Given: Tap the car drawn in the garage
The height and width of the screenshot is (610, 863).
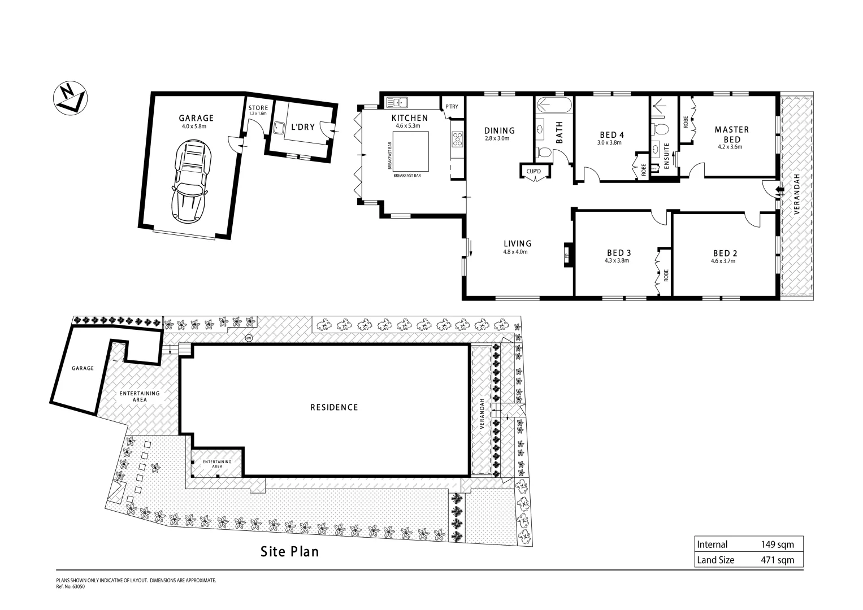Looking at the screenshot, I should click(x=190, y=181).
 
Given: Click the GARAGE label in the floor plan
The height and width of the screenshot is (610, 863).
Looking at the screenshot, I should click(x=196, y=118).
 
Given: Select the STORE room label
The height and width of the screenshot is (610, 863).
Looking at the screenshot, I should click(x=258, y=108).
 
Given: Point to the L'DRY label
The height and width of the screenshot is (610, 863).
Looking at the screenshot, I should click(x=302, y=127).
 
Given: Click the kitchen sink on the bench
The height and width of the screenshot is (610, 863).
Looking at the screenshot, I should click(x=398, y=103).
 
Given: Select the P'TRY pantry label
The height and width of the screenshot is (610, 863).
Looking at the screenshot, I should click(x=452, y=107).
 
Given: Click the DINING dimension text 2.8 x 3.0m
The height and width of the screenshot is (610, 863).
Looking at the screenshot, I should click(x=497, y=138).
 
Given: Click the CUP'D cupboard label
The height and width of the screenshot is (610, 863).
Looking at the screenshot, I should click(x=534, y=171).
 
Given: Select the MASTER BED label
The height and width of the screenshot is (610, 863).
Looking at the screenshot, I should click(x=732, y=134).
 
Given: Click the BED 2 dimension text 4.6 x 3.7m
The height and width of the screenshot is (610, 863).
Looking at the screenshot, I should click(x=725, y=261).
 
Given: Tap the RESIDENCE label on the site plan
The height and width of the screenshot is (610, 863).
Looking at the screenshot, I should click(x=334, y=407).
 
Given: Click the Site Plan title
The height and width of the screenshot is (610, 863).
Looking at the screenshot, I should click(x=289, y=551).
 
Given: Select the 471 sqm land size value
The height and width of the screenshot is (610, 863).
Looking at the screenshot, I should click(x=777, y=560).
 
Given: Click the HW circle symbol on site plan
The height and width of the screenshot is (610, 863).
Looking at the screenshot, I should click(x=248, y=338).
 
